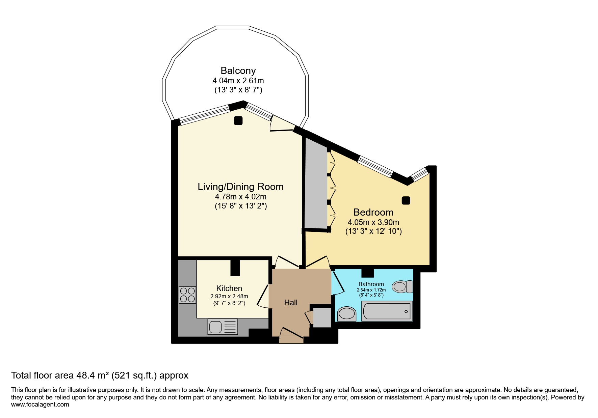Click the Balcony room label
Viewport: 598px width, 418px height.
tap(238, 71)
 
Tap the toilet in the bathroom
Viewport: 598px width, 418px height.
tap(402, 287)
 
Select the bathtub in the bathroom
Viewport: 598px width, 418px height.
tap(387, 311)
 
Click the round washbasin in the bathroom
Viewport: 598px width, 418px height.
tap(346, 314)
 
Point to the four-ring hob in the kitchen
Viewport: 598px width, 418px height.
tap(187, 295)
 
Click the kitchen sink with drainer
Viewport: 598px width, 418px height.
tap(223, 327)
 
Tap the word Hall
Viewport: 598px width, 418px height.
tap(291, 303)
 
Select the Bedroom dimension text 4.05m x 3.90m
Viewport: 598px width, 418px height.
tap(373, 222)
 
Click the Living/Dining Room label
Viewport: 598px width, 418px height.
tap(240, 187)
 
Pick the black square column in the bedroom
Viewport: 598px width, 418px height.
tap(406, 200)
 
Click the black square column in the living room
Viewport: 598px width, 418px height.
tap(238, 120)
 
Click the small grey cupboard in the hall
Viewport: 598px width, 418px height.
tap(322, 317)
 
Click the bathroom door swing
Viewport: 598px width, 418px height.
tap(338, 283)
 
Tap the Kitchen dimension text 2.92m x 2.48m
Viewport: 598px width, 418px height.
tap(229, 296)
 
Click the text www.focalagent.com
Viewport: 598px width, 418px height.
tap(40, 405)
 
